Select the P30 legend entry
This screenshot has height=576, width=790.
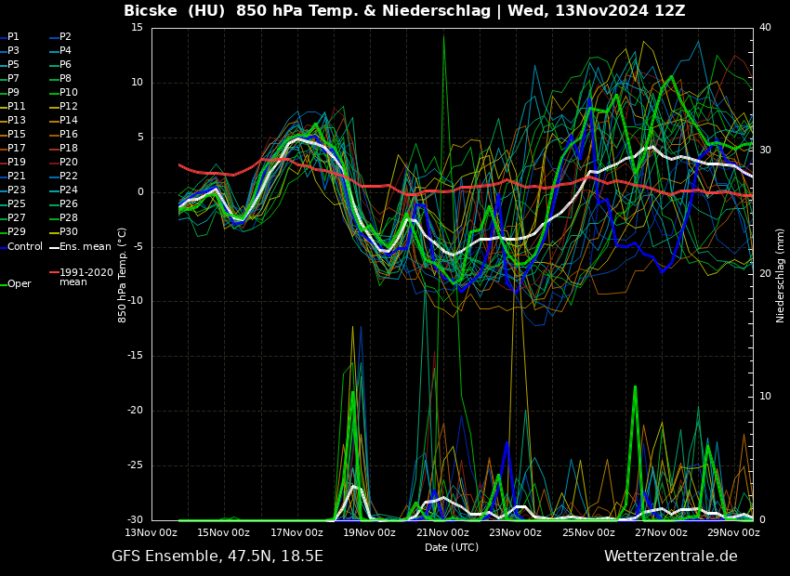click(x=69, y=232)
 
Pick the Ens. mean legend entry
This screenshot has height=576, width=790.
click(x=85, y=247)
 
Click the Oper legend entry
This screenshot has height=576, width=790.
click(x=20, y=284)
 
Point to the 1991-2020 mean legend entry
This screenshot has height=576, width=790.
click(x=86, y=277)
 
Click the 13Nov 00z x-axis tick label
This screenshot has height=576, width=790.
click(x=151, y=532)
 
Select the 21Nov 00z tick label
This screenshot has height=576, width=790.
click(x=442, y=532)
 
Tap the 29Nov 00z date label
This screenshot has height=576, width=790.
click(x=733, y=532)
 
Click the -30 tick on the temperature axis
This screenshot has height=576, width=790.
click(x=135, y=520)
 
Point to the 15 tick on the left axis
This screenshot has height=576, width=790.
click(x=138, y=27)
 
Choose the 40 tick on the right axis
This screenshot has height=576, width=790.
click(x=765, y=27)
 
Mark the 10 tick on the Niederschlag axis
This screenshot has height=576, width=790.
click(x=765, y=397)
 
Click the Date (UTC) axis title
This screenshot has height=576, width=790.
click(x=452, y=547)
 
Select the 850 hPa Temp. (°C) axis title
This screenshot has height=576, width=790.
click(x=123, y=274)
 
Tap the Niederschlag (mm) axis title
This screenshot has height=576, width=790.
click(x=781, y=274)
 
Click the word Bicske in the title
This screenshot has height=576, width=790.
click(x=154, y=11)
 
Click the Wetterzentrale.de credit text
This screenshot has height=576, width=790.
click(x=670, y=556)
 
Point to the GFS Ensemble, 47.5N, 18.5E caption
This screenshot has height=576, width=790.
click(x=217, y=556)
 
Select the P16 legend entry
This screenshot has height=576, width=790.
click(x=69, y=135)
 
